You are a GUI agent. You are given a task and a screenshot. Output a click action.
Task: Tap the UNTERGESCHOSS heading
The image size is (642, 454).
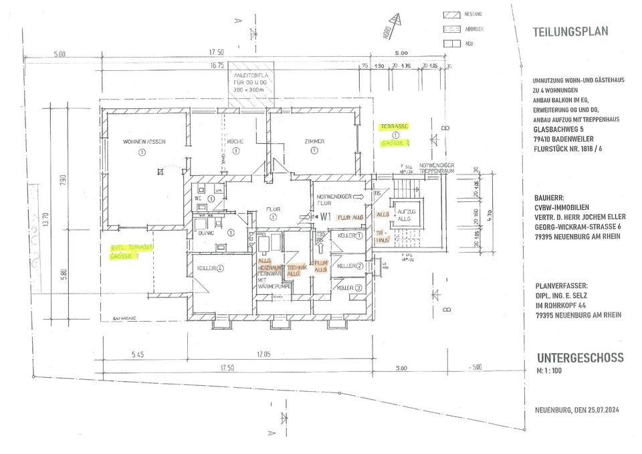tap(580, 358)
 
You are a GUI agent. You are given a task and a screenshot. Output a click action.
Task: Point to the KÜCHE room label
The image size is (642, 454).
tap(235, 142)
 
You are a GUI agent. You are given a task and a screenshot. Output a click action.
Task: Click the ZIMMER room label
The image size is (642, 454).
tap(314, 142)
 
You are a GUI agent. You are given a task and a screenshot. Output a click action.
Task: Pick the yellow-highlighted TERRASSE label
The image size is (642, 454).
tap(395, 126)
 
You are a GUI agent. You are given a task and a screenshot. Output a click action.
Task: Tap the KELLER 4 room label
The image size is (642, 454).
tap(209, 268)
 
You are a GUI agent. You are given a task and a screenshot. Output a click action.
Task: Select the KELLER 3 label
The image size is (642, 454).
tap(350, 288)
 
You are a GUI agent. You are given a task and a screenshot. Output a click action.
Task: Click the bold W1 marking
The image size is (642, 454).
tap(326, 216)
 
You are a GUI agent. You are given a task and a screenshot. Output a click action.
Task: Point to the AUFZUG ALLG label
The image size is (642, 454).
tap(405, 215)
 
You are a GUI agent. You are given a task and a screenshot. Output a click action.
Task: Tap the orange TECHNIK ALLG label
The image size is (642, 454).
tap(294, 270)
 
